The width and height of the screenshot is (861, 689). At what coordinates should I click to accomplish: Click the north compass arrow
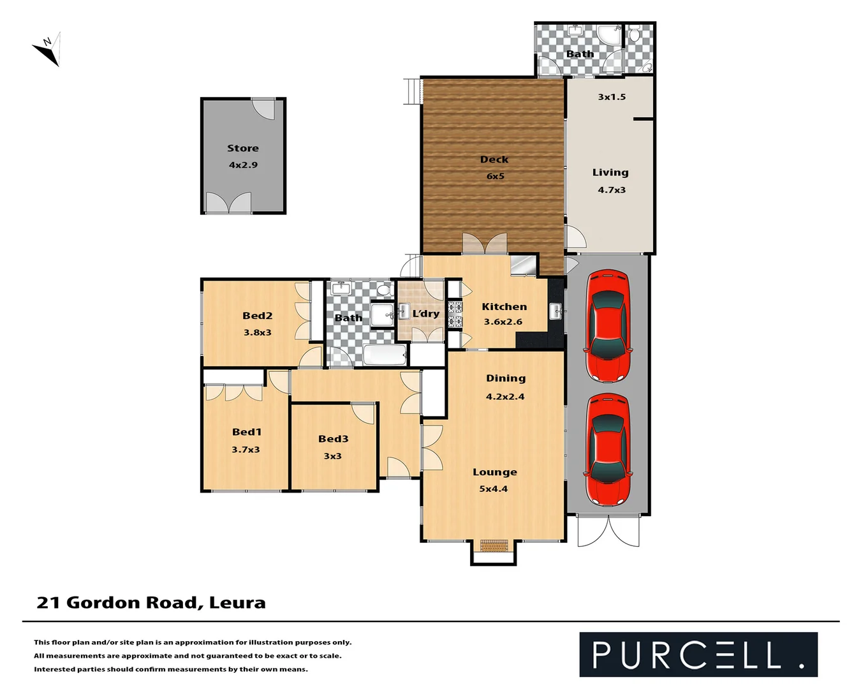(47, 49)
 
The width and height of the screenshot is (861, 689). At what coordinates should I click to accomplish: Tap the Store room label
(243, 148)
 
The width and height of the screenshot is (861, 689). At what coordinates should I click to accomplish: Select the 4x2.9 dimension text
(243, 165)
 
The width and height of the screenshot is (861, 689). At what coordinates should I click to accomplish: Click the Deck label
(494, 159)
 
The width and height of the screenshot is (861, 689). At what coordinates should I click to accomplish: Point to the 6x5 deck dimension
(496, 176)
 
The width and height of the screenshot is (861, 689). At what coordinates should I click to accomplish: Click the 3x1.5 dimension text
(612, 97)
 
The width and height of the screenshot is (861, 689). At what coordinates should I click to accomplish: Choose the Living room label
(610, 172)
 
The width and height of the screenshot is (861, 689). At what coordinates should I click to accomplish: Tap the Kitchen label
(504, 307)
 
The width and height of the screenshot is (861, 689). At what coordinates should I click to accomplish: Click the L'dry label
(425, 313)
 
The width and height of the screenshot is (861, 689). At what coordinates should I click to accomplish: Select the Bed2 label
(257, 316)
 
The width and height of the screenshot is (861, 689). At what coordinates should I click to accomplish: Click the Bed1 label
(247, 432)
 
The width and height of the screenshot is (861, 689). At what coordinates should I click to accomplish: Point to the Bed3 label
(333, 439)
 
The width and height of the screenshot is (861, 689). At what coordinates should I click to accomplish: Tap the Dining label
(506, 378)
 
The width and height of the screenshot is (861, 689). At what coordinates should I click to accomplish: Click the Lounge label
(495, 472)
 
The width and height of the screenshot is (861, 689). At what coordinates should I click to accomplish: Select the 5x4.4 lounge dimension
(494, 489)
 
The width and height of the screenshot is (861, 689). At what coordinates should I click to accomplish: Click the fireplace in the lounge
(494, 546)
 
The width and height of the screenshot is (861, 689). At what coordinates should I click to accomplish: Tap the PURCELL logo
(698, 655)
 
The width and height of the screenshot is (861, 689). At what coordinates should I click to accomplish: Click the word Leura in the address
(237, 603)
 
